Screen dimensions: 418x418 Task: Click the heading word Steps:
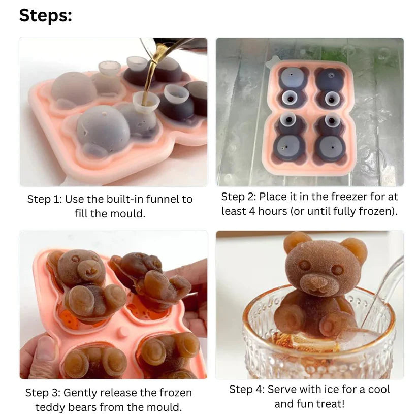pyautogui.click(x=46, y=15)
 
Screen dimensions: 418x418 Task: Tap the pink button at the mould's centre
pyautogui.click(x=122, y=332)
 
